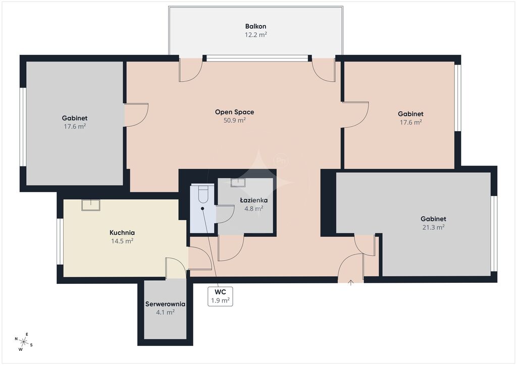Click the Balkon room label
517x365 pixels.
(255, 26)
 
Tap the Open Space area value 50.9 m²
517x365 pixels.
(234, 120)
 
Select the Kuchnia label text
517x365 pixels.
(122, 233)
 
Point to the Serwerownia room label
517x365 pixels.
(165, 304)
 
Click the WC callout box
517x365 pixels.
(220, 296)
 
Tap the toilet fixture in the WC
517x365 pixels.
(202, 194)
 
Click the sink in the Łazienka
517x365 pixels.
(238, 182)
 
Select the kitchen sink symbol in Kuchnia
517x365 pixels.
(91, 205)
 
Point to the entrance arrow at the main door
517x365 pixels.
(350, 282)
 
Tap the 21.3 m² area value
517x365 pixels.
(433, 227)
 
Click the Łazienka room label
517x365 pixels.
(253, 200)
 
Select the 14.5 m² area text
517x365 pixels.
(122, 241)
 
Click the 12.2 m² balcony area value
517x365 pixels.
(255, 35)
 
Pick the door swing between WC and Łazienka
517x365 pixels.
(225, 214)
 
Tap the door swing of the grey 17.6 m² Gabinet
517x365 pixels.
(136, 115)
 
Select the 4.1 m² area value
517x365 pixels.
(165, 313)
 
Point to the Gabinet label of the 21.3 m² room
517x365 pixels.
(433, 219)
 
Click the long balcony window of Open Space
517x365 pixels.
(257, 58)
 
